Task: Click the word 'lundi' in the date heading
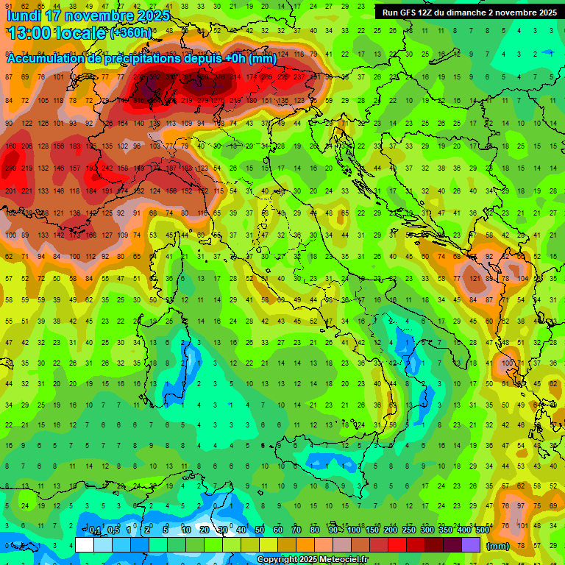click(24, 15)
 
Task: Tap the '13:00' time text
click(29, 32)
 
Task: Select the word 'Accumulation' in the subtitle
click(49, 58)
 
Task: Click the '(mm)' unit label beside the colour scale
click(498, 546)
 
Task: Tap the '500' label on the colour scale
click(482, 530)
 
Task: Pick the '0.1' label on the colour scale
click(95, 530)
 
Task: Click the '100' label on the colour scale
click(354, 530)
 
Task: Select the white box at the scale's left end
click(85, 545)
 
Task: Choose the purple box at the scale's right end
click(471, 545)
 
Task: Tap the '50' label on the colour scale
click(260, 530)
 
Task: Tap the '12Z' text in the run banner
click(431, 13)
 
